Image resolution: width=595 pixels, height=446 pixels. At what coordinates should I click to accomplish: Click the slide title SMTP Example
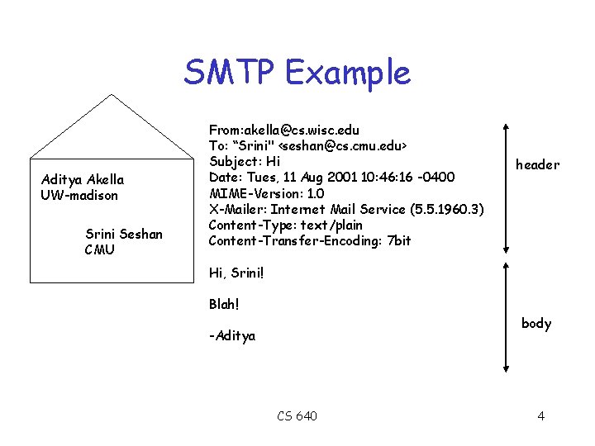tap(297, 73)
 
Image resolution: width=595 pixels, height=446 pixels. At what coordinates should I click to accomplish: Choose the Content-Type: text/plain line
tap(285, 225)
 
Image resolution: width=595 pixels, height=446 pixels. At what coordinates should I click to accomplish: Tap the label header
tap(537, 165)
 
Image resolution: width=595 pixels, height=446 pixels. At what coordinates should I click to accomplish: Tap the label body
tap(536, 323)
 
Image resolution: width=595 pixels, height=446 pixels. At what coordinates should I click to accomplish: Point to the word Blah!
tap(224, 304)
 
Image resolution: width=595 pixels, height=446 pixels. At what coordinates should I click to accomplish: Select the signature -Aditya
tap(232, 336)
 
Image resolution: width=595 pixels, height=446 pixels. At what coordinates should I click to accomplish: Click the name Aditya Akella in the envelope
tap(83, 180)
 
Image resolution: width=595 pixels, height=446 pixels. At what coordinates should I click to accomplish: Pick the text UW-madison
tap(79, 196)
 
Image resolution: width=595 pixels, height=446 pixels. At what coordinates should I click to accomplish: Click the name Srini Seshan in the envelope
tap(124, 235)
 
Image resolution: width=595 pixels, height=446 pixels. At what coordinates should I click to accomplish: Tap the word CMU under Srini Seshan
tap(99, 249)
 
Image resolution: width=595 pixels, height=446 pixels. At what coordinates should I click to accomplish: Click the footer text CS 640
tap(297, 415)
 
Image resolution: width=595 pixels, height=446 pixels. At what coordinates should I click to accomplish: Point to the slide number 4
tap(540, 415)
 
